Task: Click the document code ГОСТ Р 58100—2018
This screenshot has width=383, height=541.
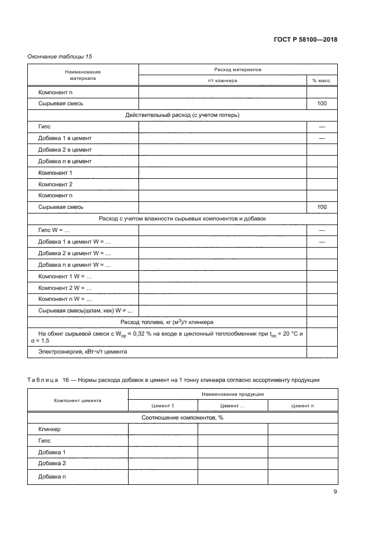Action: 305,40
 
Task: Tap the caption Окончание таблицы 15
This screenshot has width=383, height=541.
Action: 60,56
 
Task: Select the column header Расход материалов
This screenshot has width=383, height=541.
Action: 238,69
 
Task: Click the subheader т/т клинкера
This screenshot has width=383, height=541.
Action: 222,80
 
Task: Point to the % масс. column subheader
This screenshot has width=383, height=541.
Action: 322,80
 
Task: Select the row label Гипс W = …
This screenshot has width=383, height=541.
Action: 50,230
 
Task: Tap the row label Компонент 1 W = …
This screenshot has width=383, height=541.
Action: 65,276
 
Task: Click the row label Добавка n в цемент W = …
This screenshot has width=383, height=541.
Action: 74,264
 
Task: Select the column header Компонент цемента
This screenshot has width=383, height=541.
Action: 78,400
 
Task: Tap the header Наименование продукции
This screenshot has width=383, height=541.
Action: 233,393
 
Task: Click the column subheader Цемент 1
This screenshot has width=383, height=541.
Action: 163,406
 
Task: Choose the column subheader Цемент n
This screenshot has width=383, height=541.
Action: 302,406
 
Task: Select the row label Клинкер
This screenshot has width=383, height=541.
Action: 49,429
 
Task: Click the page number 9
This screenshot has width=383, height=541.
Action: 335,492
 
